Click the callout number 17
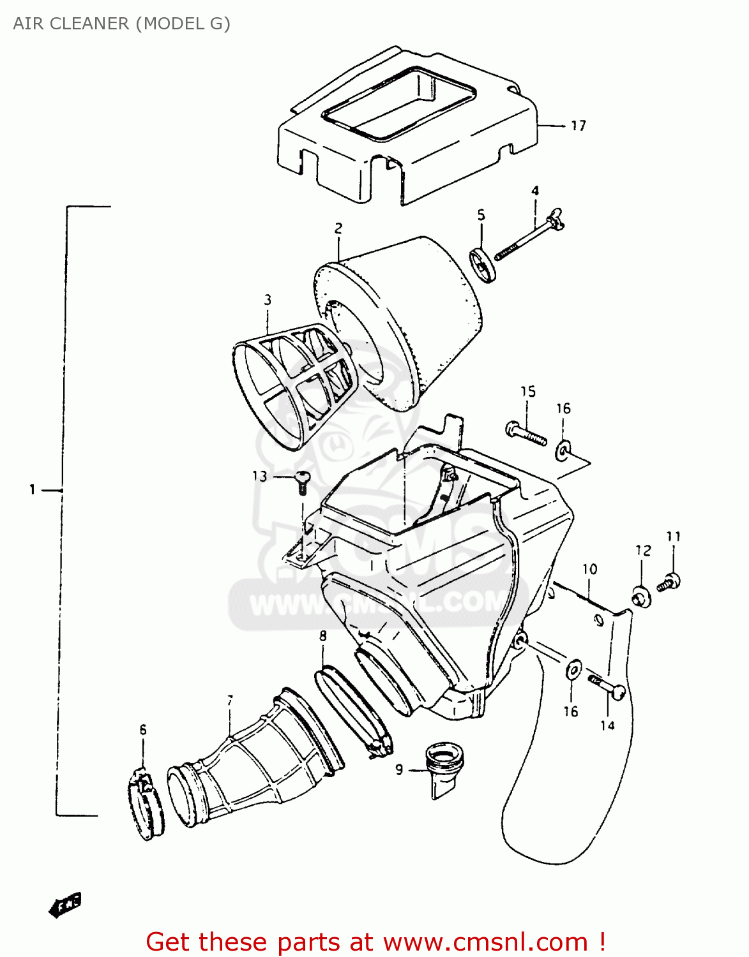point(578,126)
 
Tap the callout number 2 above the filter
point(338,228)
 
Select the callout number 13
point(259,476)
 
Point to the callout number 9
point(399,769)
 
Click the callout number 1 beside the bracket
point(32,490)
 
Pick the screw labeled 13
point(303,481)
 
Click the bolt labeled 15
point(526,433)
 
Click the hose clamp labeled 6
point(146,806)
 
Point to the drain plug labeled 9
point(444,768)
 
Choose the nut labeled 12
point(641,597)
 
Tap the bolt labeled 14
point(607,686)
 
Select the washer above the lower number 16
point(573,670)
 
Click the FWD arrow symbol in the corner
point(65,904)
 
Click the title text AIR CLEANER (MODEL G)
point(121,24)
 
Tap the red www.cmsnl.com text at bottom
point(485,942)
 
